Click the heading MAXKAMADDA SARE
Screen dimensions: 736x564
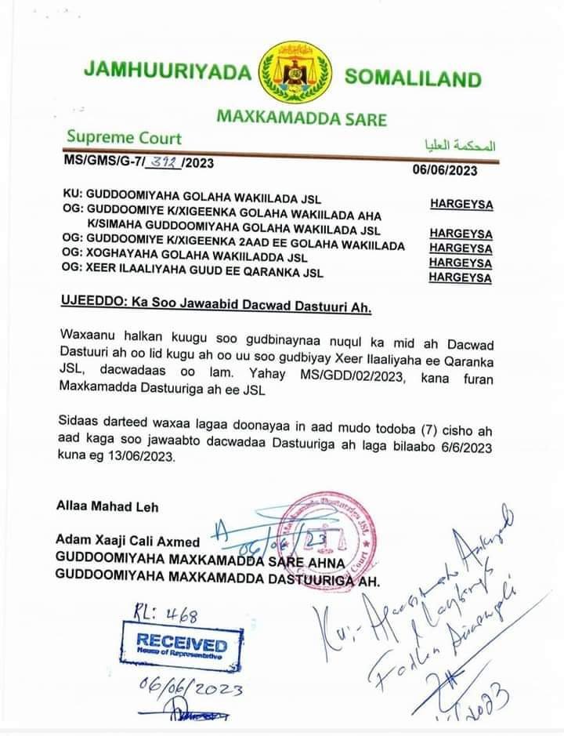point(301,119)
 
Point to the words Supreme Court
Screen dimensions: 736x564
point(124,139)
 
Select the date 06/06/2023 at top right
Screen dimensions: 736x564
point(445,170)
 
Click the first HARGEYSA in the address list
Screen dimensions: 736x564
point(461,205)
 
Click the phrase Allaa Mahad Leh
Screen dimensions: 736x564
point(107,506)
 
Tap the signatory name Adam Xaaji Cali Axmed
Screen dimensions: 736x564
point(128,542)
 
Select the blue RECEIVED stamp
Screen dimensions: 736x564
point(182,647)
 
